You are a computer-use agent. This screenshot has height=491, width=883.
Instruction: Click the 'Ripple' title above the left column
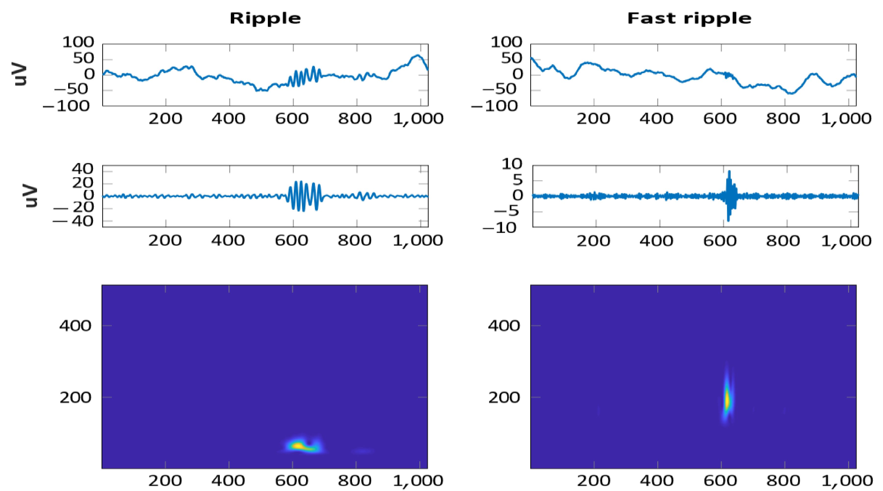pyautogui.click(x=265, y=18)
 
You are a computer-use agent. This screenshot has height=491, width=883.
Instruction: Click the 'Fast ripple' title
pyautogui.click(x=689, y=18)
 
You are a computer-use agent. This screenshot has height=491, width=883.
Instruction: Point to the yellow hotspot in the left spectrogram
pyautogui.click(x=297, y=445)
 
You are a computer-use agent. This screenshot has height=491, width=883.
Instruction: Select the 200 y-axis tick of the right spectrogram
pyautogui.click(x=504, y=397)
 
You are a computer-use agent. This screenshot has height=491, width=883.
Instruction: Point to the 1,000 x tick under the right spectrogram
pyautogui.click(x=846, y=481)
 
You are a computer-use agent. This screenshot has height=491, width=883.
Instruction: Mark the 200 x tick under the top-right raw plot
pyautogui.click(x=593, y=119)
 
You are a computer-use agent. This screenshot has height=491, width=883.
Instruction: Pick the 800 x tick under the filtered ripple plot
pyautogui.click(x=355, y=240)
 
